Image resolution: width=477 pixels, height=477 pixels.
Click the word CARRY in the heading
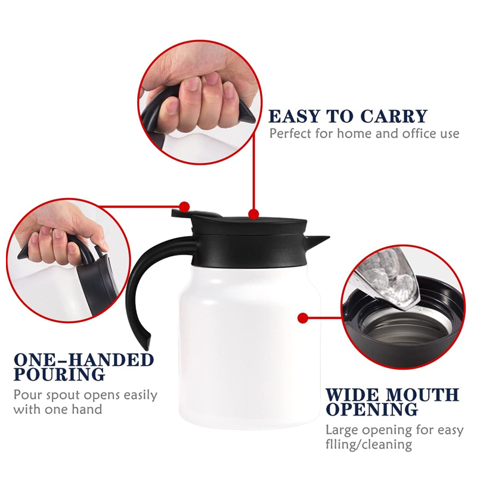(394, 116)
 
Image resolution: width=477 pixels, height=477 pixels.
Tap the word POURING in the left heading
(60, 374)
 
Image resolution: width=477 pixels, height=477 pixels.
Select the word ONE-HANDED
(84, 360)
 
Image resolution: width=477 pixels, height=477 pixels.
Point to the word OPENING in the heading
(372, 409)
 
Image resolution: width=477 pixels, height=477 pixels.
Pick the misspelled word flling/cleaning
(368, 445)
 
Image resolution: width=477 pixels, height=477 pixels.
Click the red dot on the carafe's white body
(302, 318)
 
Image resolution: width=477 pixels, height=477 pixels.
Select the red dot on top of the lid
(253, 214)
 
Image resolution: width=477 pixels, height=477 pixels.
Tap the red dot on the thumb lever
(184, 207)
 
